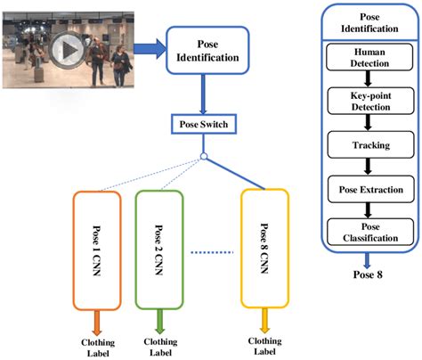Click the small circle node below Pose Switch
[x=204, y=159]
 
